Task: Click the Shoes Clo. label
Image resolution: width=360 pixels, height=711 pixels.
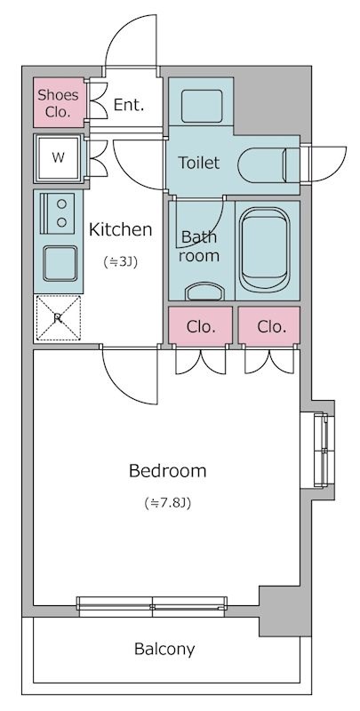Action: (x=58, y=103)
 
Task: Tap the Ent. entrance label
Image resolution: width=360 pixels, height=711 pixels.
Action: (x=129, y=105)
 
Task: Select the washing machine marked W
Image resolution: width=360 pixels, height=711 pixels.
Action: (x=58, y=158)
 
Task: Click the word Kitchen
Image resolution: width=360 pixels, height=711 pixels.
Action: (x=120, y=230)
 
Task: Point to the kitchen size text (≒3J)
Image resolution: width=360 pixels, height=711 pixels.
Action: (x=120, y=261)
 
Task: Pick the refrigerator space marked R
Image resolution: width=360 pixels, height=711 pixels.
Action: (x=58, y=318)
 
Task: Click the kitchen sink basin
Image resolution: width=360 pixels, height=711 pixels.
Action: (x=60, y=263)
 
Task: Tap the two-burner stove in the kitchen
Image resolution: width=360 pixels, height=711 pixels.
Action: (x=58, y=213)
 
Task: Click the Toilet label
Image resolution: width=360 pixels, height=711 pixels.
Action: (x=198, y=163)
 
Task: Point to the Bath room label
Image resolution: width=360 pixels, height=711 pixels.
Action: (x=198, y=246)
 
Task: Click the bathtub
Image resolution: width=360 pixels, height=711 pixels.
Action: (x=265, y=250)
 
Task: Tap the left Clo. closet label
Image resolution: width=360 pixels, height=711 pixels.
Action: (x=201, y=326)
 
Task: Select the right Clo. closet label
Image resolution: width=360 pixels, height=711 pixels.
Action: (x=272, y=326)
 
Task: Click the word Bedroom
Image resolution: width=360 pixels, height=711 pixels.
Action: (x=167, y=471)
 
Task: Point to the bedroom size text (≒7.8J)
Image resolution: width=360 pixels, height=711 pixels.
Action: (x=167, y=503)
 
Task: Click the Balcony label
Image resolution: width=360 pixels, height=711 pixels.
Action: (x=164, y=650)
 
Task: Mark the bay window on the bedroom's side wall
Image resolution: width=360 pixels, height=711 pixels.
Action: (x=324, y=450)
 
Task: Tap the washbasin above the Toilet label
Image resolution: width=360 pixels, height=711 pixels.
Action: (x=202, y=106)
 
